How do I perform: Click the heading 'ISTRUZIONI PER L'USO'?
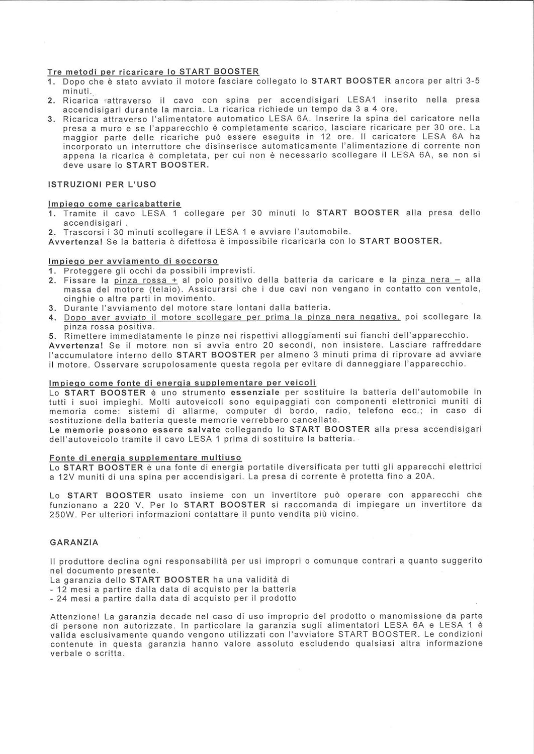tap(102, 184)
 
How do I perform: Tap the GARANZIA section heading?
tap(74, 542)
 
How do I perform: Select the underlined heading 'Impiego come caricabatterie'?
tap(114, 204)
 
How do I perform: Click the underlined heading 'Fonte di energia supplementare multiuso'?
tap(145, 458)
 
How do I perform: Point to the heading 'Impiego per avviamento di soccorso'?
tap(133, 261)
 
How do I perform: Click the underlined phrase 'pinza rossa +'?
tap(146, 280)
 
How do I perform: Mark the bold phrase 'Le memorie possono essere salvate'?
tap(135, 430)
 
